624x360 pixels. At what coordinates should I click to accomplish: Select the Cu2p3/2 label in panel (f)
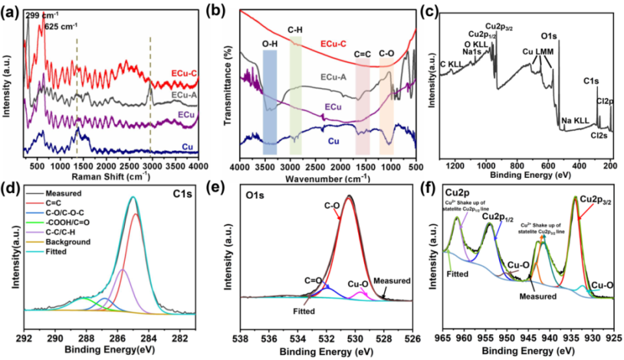click(601, 199)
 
